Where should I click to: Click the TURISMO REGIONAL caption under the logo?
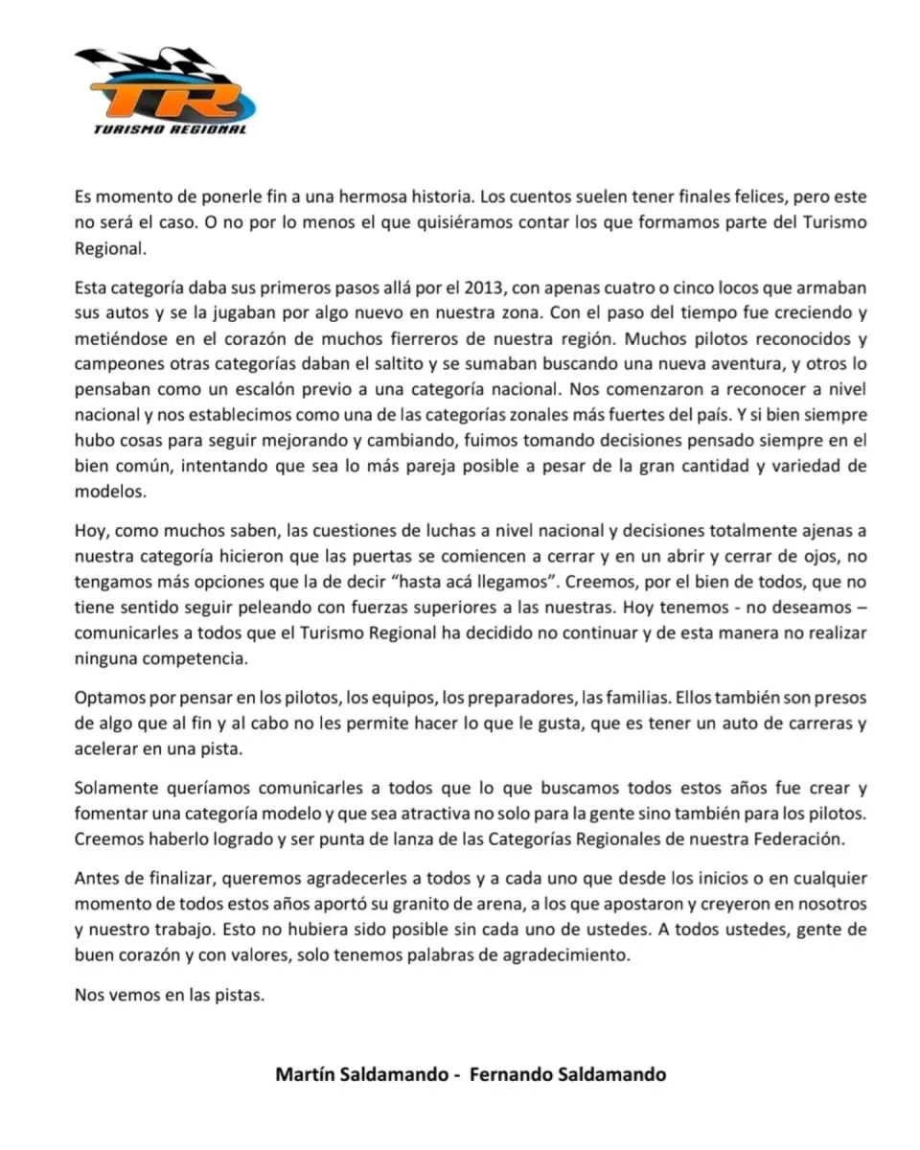pyautogui.click(x=170, y=129)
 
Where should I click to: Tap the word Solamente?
pyautogui.click(x=118, y=788)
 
